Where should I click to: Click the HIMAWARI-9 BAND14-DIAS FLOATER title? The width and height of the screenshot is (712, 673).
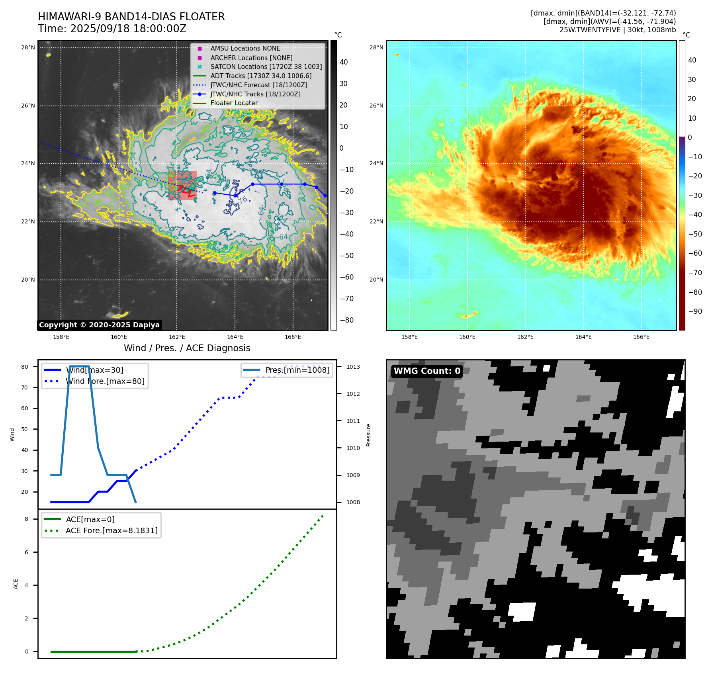point(131,17)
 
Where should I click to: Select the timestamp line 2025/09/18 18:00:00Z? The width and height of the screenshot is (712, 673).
point(112,29)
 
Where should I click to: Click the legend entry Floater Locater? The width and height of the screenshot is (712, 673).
point(234,103)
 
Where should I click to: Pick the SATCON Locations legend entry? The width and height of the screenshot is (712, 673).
point(266,67)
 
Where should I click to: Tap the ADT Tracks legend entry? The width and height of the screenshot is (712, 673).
point(261,76)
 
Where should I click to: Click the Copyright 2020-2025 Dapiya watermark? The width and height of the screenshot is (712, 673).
point(99,325)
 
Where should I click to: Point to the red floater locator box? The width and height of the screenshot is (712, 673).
point(182,185)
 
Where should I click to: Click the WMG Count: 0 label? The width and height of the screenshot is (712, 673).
point(427,371)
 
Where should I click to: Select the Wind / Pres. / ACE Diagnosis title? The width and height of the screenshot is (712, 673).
point(187,348)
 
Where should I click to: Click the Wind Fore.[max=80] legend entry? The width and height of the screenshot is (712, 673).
point(105,381)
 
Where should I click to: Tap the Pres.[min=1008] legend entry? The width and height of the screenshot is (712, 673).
point(297,370)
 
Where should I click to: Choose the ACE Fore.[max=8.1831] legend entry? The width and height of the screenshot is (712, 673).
point(111,530)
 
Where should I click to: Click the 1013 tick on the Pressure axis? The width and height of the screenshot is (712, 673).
point(353,367)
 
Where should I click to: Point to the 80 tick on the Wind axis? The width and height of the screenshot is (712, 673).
point(25,367)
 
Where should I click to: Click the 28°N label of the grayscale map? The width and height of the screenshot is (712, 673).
point(28,48)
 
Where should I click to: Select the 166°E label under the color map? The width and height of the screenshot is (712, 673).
point(641,337)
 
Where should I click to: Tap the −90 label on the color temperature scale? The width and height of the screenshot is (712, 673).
point(695,311)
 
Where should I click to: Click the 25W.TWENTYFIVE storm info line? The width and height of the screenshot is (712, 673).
point(617,30)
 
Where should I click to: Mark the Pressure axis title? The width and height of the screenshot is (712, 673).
point(368,435)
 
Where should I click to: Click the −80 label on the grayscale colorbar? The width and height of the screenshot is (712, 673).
point(346,320)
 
